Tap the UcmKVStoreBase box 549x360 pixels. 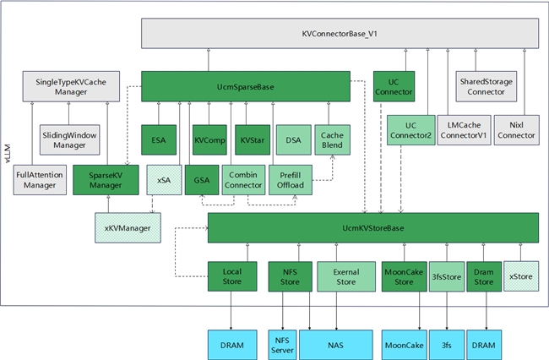click(x=372, y=228)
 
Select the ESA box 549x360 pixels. click(x=158, y=139)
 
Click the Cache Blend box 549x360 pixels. click(x=332, y=139)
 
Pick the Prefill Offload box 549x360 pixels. click(x=290, y=181)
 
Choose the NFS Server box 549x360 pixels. click(x=283, y=346)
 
